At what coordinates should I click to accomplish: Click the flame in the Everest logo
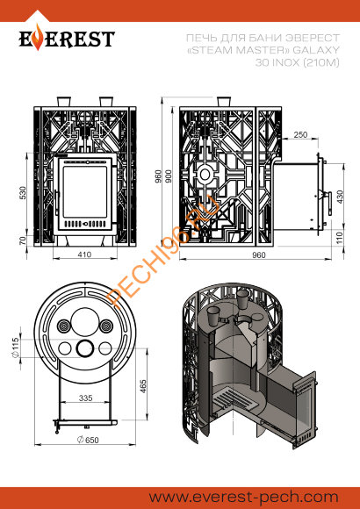coord(39,38)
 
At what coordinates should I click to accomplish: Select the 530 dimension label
coord(23,193)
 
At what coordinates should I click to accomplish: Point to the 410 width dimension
coord(84,254)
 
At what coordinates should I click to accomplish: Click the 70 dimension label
coord(23,240)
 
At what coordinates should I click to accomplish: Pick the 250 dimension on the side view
coord(300,134)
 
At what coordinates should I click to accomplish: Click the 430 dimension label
coord(340,197)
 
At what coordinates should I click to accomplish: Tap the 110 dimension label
coord(340,238)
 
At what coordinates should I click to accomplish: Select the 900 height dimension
coord(169,176)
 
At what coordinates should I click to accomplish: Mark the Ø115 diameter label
coord(15,348)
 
